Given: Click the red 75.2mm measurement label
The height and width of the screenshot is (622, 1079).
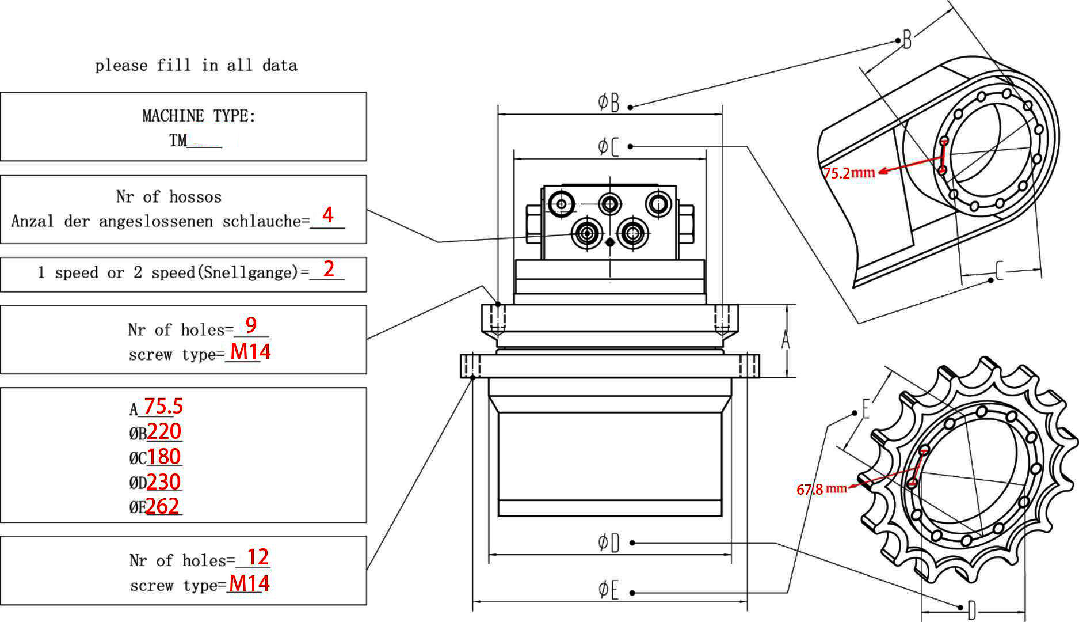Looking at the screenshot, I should point(849,173).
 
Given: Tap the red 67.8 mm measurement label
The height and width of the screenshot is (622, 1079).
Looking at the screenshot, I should point(821,489).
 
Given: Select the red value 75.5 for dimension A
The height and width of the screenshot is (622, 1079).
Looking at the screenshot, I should point(163,406).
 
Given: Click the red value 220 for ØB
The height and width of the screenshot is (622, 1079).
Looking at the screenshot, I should point(164,431).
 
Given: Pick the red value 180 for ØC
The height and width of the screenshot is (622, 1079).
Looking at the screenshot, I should point(164,457).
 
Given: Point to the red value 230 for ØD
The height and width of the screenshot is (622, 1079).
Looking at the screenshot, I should point(164,481).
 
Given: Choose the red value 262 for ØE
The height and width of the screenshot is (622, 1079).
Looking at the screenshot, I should point(163,506).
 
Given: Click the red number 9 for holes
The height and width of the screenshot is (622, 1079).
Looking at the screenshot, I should point(251,325).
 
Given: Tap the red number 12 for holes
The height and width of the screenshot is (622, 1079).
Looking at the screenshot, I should point(257,557).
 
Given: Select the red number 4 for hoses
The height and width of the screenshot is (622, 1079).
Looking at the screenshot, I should point(327,215).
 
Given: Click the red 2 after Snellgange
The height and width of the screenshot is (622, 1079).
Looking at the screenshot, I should point(329,269).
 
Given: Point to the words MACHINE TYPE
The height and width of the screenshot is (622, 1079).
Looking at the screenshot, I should point(199,116).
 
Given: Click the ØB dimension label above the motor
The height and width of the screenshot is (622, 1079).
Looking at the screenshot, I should point(609,103).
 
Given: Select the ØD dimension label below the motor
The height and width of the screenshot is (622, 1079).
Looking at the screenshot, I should point(609,542).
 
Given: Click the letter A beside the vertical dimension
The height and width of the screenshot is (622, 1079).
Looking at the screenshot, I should point(786,341).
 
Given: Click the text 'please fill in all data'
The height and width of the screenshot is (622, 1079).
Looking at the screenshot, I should point(196,65).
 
